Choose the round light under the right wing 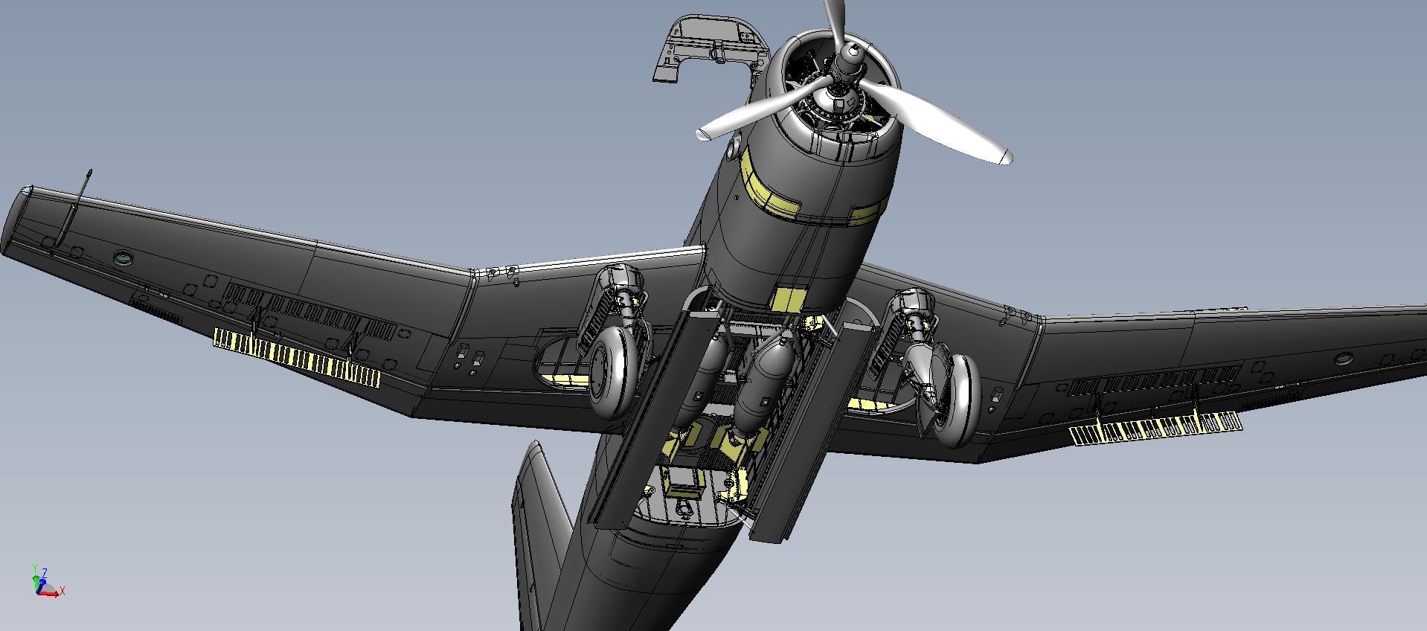1342,359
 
